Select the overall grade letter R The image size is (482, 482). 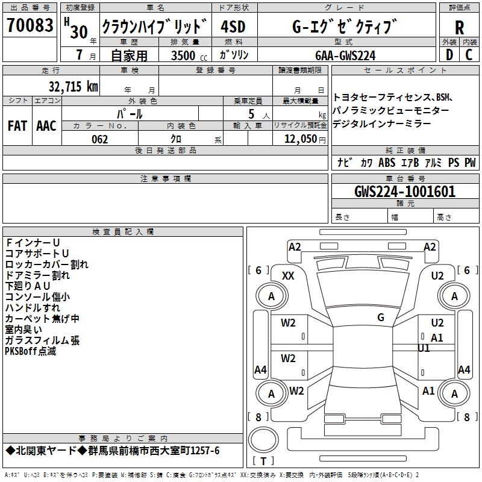tap(459, 28)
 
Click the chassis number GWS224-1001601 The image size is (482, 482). tap(405, 192)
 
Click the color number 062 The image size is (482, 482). tap(99, 139)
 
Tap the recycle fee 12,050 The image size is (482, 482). tap(297, 139)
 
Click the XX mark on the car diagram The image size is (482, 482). tap(288, 276)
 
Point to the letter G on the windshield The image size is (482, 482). tap(381, 318)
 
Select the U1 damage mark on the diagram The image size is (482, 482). tap(424, 348)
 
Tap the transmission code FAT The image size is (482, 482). tap(17, 126)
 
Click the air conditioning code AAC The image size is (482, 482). tap(46, 126)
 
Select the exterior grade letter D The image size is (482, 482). tap(449, 55)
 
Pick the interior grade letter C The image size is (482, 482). tap(469, 55)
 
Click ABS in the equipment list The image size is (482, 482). tap(387, 163)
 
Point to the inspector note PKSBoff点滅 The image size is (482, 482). tap(31, 351)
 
